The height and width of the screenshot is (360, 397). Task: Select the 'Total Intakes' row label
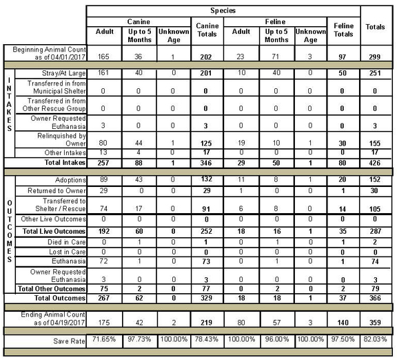[63, 163]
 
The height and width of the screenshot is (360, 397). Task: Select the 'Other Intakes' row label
[63, 152]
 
